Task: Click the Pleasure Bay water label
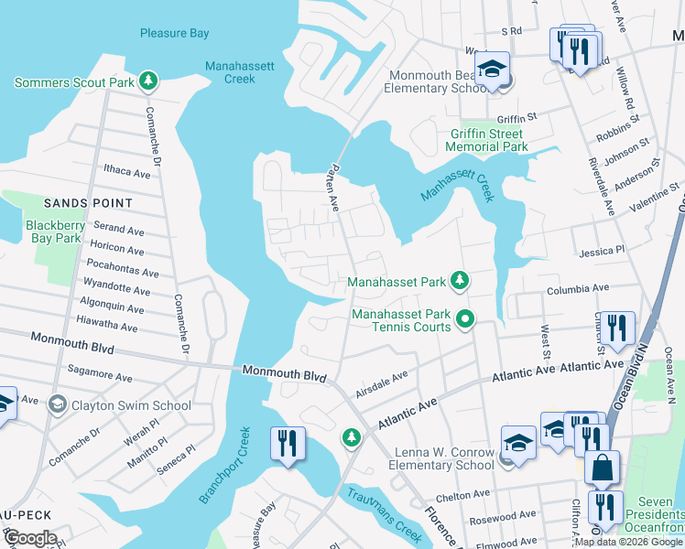pyautogui.click(x=175, y=34)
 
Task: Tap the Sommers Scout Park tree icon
pyautogui.click(x=147, y=82)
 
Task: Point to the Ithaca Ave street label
pyautogui.click(x=126, y=171)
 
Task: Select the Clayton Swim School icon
pyautogui.click(x=57, y=405)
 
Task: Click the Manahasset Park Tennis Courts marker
pyautogui.click(x=465, y=319)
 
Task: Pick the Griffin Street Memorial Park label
pyautogui.click(x=488, y=140)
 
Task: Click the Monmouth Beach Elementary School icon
pyautogui.click(x=493, y=71)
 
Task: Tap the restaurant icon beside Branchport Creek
pyautogui.click(x=288, y=445)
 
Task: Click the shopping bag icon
pyautogui.click(x=602, y=469)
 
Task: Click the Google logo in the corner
pyautogui.click(x=30, y=538)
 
